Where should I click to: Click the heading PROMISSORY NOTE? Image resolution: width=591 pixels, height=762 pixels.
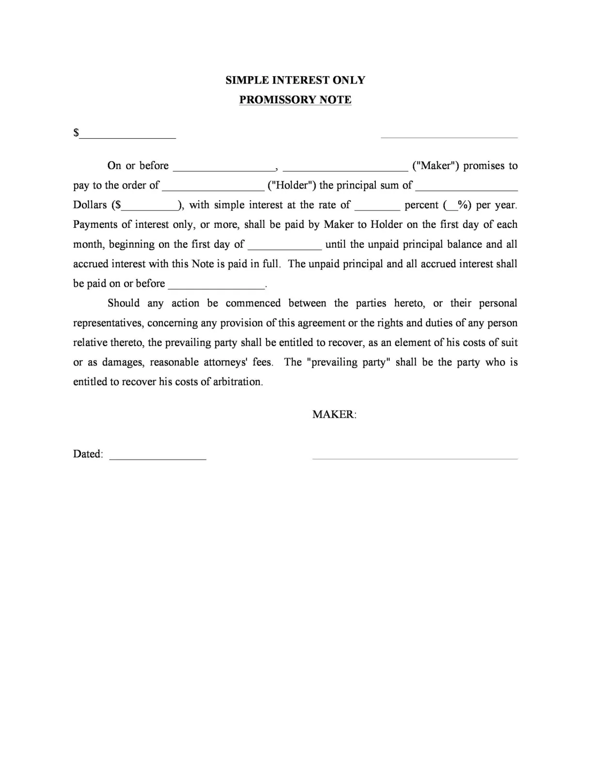click(295, 100)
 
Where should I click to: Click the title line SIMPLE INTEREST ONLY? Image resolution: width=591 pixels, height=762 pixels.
click(295, 80)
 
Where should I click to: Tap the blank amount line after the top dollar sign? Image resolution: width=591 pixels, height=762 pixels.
click(128, 135)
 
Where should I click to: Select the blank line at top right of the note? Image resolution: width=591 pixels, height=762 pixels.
click(449, 135)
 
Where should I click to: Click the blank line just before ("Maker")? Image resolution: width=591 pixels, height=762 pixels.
click(345, 168)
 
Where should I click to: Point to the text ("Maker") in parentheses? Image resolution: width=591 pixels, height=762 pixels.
click(435, 166)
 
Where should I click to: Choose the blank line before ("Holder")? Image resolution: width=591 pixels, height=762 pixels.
click(213, 188)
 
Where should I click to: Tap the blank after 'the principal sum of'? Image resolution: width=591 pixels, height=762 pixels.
click(467, 188)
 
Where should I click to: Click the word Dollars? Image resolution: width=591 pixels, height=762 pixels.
click(90, 205)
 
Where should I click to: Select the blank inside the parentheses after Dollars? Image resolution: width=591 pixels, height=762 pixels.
click(150, 207)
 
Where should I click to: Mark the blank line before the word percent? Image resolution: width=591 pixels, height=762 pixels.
click(377, 207)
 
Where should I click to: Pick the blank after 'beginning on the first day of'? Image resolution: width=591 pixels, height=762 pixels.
click(285, 247)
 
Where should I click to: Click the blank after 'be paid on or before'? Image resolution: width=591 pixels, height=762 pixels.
click(216, 286)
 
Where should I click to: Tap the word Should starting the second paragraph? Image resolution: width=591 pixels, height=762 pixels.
click(124, 303)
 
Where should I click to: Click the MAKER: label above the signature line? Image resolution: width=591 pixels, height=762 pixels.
click(334, 414)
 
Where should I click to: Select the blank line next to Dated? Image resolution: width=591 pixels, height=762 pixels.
click(158, 457)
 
